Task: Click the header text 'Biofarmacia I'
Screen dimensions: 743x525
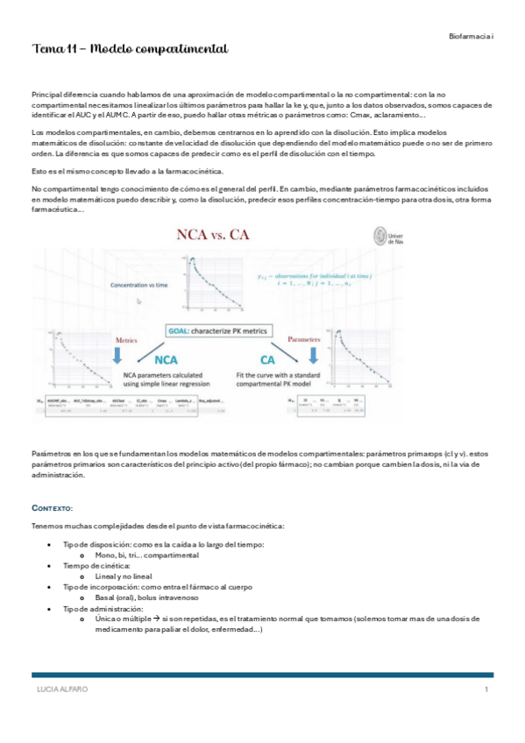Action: click(x=471, y=35)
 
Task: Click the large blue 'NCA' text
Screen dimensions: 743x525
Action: click(x=172, y=359)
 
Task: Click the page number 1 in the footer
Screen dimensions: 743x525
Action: click(x=486, y=690)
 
